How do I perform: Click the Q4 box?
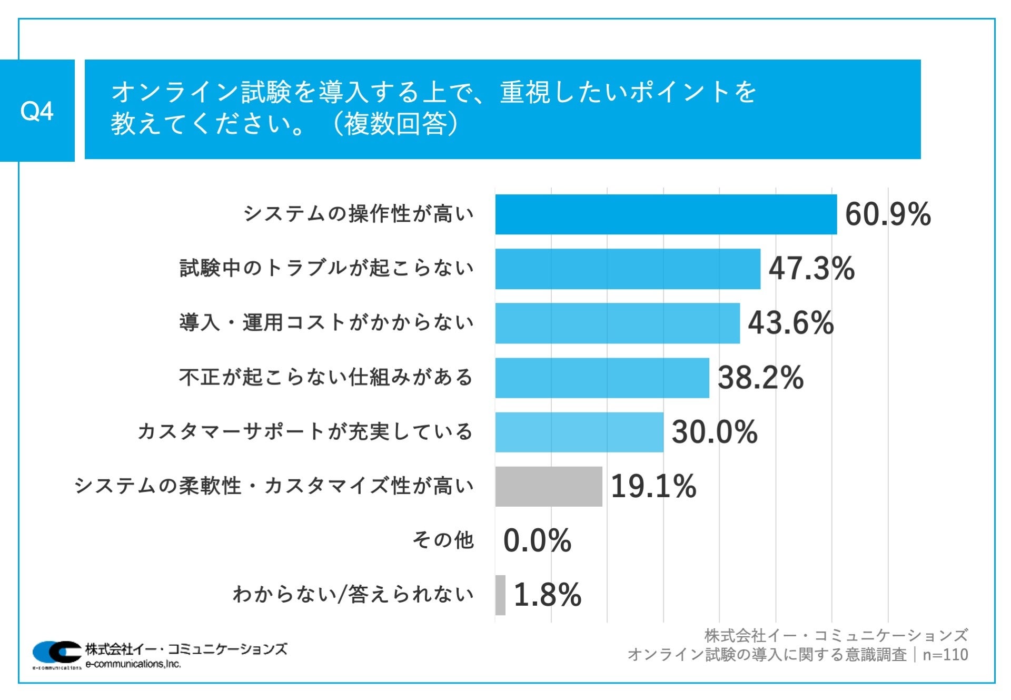(37, 111)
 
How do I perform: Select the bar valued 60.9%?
(666, 214)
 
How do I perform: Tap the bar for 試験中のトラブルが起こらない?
(628, 269)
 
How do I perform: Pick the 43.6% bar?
(617, 323)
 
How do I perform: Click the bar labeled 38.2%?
(602, 378)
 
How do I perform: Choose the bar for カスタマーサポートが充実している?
(579, 432)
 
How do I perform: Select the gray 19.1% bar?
(548, 486)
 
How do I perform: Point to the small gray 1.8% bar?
(500, 595)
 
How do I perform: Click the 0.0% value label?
(537, 540)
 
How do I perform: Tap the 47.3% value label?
(811, 269)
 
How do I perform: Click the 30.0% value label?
(714, 432)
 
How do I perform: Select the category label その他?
(443, 540)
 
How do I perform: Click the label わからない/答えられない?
(353, 594)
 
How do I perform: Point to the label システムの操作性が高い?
(358, 214)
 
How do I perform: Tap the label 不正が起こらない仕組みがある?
(326, 377)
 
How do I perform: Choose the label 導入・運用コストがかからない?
(326, 322)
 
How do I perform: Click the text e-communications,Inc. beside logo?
(133, 664)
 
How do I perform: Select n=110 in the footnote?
(945, 655)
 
